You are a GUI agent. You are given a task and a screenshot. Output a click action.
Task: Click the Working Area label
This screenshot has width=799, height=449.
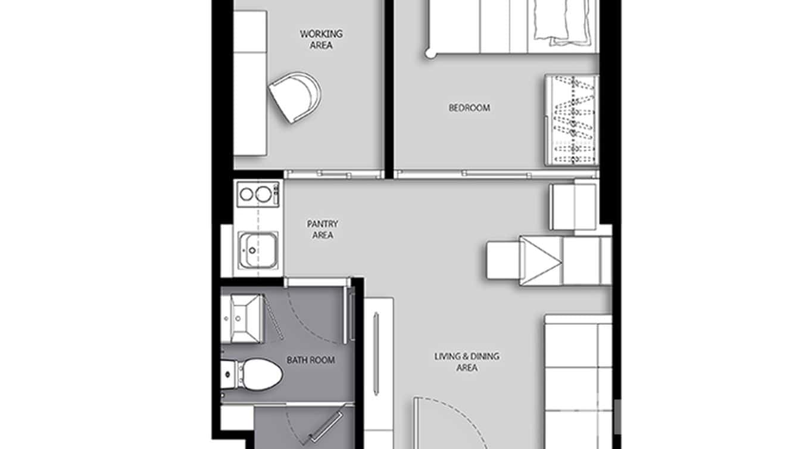tap(321, 39)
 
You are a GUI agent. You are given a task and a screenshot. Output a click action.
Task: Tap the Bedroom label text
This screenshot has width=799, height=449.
tap(469, 108)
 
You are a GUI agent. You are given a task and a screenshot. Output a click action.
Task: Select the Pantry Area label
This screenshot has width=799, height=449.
tap(322, 229)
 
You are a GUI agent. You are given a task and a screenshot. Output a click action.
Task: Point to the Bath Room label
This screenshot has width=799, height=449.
tap(310, 360)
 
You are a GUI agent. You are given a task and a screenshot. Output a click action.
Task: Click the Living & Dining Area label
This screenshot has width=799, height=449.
tap(467, 362)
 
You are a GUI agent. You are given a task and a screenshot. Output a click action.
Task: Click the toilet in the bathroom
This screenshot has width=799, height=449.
tap(256, 375)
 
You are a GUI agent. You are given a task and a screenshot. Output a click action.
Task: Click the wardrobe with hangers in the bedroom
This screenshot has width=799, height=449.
tap(572, 120)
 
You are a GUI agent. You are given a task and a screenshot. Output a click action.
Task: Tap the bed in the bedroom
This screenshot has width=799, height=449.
tap(512, 27)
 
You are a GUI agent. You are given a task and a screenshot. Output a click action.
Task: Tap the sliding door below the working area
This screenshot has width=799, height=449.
tap(333, 174)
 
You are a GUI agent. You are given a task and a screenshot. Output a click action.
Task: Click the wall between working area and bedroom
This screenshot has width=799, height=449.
tap(389, 89)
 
